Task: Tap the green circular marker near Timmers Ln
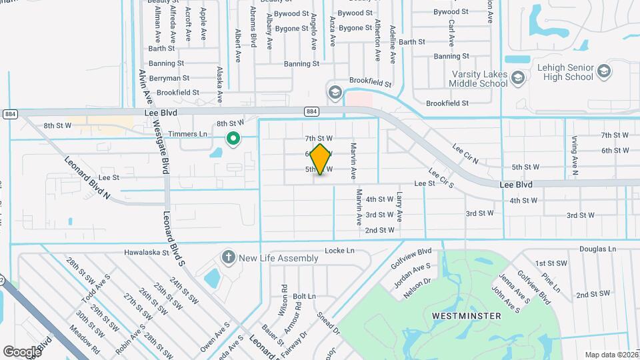tap(233, 139)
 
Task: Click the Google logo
tap(22, 351)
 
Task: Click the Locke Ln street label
tap(339, 251)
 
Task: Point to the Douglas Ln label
tap(597, 248)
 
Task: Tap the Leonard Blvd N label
tap(87, 178)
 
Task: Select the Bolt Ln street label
tap(304, 296)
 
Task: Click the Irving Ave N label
tap(574, 153)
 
